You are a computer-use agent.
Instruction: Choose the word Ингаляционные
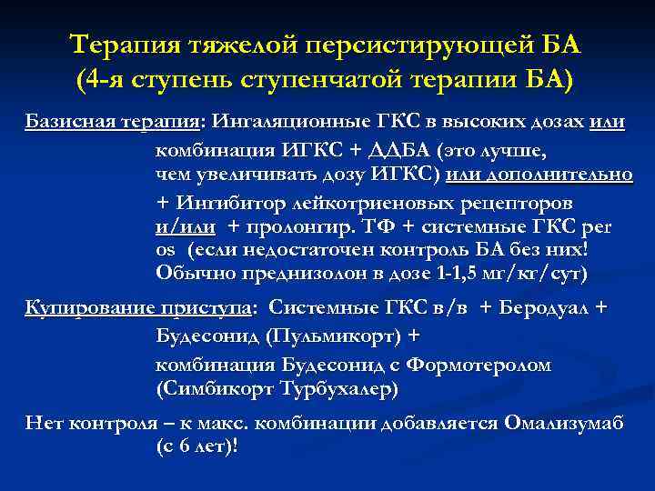click(287, 123)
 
